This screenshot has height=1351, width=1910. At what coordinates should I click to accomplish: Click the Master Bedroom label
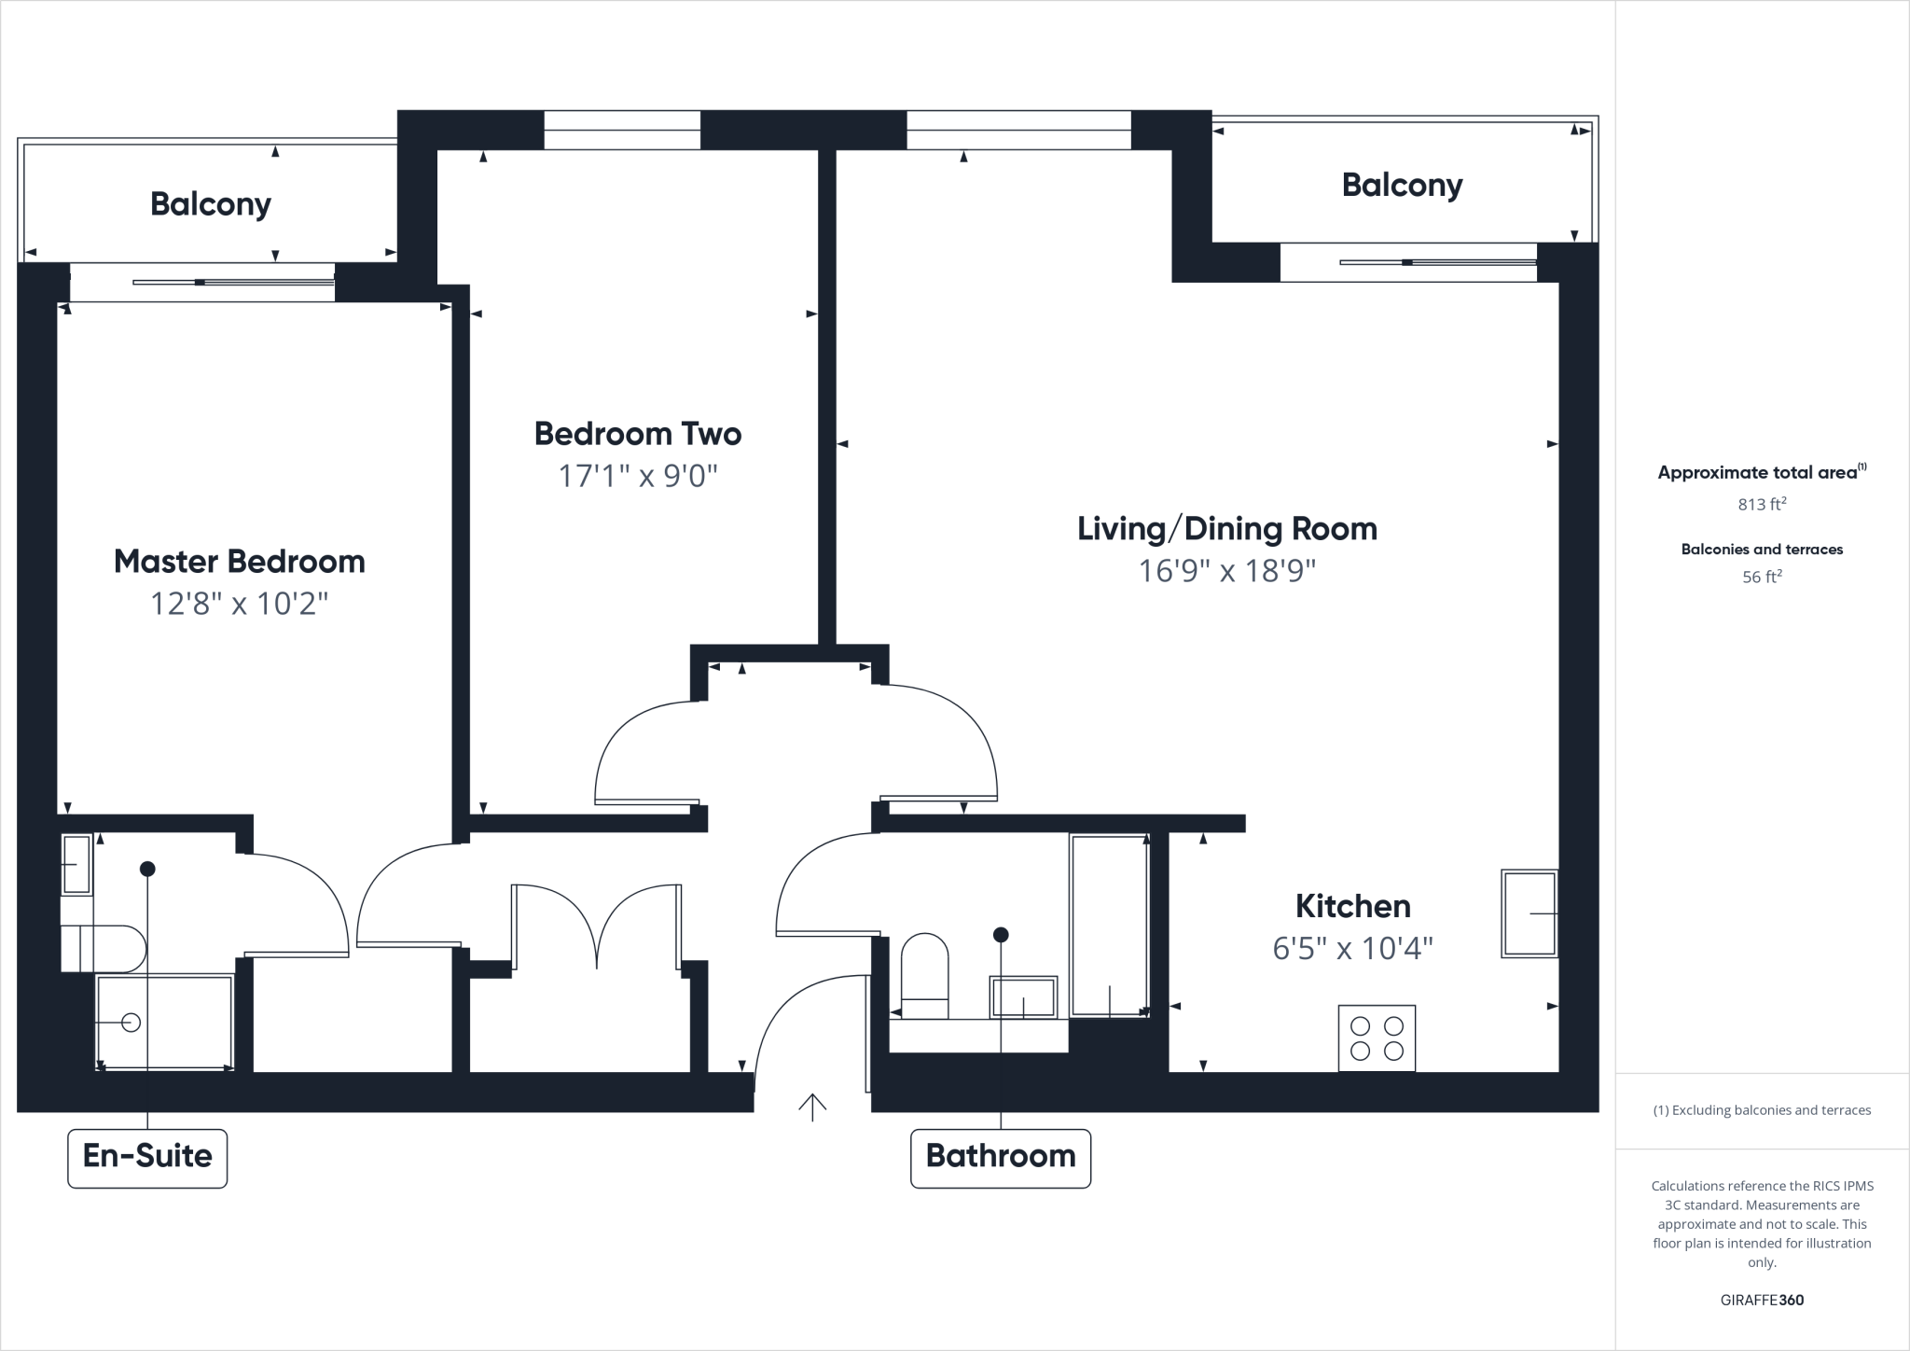239,562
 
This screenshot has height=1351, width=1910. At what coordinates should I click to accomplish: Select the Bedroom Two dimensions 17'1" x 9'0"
638,477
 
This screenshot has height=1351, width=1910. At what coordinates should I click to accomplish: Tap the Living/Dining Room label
1226,529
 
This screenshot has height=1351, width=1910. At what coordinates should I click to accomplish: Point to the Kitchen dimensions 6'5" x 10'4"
1352,949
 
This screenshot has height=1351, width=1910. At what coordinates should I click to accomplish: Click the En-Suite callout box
147,1157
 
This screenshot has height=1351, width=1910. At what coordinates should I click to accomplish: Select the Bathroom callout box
1000,1157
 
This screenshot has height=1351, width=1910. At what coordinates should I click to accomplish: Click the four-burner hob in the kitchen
1377,1038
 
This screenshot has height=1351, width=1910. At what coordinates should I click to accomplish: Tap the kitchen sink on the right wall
1529,913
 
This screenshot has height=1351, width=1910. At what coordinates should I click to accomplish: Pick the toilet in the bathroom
924,975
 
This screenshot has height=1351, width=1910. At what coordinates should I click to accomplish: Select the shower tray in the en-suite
164,1022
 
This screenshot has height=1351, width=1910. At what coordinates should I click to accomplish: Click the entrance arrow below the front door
812,1107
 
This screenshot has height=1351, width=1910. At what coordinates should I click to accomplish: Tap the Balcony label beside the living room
1401,186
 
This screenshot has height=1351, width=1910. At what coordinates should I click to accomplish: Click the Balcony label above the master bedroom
210,204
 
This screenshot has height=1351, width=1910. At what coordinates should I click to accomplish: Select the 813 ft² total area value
1761,505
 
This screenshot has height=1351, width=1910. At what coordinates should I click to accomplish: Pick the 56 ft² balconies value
1761,578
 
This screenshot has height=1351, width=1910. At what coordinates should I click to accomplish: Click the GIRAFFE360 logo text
1761,1300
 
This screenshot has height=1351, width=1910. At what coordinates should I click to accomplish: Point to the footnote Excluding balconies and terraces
1761,1110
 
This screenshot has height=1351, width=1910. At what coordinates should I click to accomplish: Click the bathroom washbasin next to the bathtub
1023,997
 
